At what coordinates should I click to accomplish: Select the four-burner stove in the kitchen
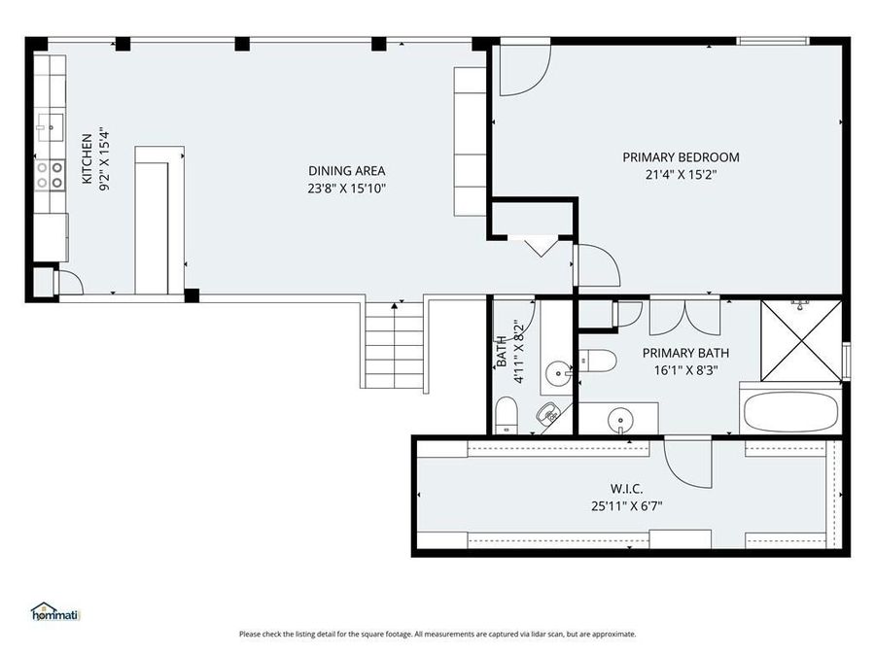pos(51,174)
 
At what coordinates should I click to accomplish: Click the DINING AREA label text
pos(347,171)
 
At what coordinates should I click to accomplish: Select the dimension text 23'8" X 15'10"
pos(347,189)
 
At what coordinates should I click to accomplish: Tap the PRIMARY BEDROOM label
pos(681,157)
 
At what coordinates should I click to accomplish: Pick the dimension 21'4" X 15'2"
pos(681,175)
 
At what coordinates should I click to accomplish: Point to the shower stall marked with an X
pos(801,340)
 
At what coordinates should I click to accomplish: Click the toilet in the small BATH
pos(507,416)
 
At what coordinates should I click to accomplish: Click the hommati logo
pos(54,611)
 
